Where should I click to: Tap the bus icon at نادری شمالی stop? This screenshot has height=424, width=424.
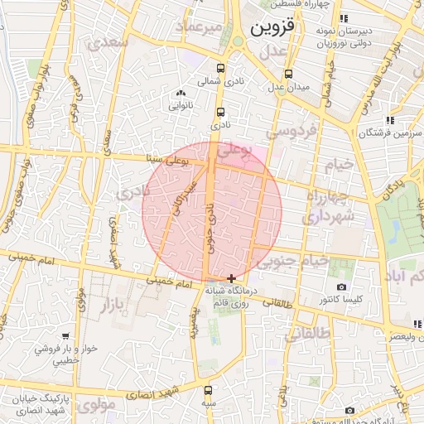coord(220,69)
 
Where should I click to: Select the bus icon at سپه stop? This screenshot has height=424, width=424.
coord(206,389)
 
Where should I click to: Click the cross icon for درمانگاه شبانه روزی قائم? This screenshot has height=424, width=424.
coord(231,278)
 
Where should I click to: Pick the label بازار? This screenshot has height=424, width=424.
coord(116,305)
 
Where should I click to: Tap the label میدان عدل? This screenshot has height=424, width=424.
coord(291,87)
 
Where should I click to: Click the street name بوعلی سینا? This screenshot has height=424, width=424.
coord(167,158)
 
